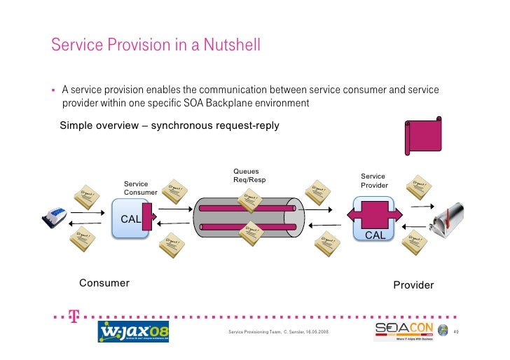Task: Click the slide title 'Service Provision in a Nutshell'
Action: pos(156,46)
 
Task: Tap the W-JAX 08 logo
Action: pos(132,331)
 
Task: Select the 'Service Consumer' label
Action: pos(141,188)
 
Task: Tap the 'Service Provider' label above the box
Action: pos(374,181)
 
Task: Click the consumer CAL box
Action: pos(131,219)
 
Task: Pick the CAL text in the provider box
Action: pos(375,235)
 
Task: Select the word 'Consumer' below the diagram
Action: pos(104,283)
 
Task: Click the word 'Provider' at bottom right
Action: pos(413,285)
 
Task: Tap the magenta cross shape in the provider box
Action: pos(378,212)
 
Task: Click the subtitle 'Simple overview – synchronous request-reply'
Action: pos(170,126)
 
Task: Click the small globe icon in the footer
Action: pos(443,331)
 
